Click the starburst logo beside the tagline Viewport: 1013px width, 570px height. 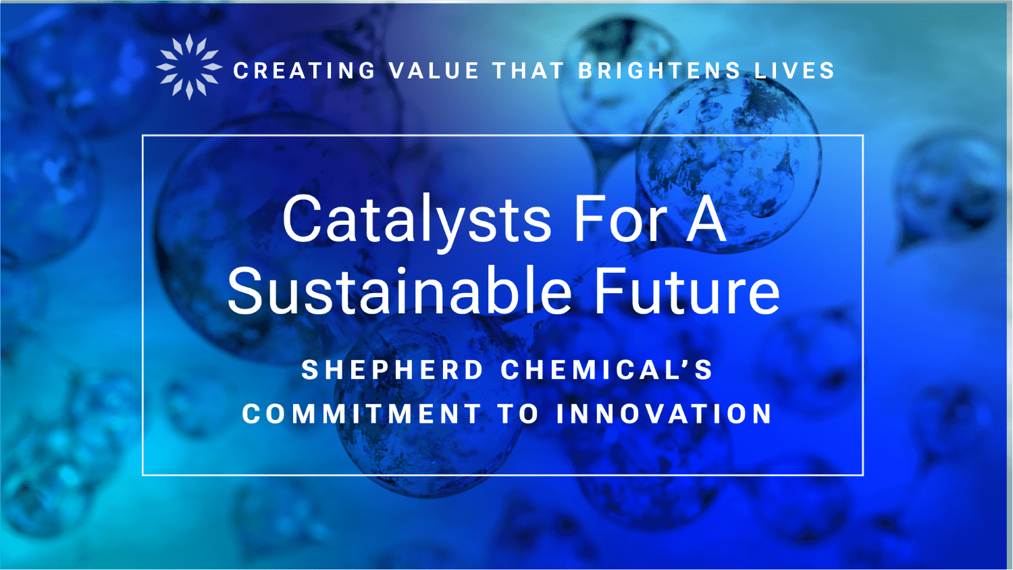189,66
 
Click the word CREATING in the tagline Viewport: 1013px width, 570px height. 305,71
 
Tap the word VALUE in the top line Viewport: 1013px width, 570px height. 434,71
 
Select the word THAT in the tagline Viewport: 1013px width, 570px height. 528,71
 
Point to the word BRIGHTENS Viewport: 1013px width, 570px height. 660,71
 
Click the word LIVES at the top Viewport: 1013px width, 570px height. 795,71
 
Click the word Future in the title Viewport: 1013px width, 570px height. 687,290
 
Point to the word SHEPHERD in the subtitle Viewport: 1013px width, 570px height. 392,369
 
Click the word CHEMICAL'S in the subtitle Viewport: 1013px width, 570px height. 606,369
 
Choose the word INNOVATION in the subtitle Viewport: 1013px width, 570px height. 664,413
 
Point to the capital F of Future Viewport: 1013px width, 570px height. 611,290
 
